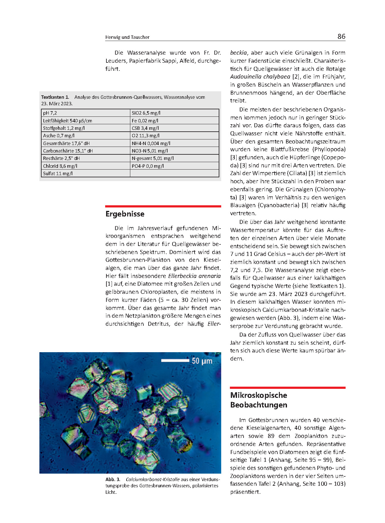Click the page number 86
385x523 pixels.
[x=341, y=37]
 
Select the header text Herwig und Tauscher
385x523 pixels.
[x=127, y=37]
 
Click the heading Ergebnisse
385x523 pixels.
[x=125, y=214]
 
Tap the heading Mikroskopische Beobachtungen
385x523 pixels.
[x=259, y=400]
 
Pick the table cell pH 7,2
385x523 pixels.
[x=50, y=113]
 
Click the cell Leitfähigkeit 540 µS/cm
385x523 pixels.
[x=68, y=121]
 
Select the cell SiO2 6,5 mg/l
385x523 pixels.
[x=146, y=113]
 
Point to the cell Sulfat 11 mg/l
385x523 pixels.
[x=58, y=174]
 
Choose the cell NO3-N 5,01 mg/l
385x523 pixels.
[x=150, y=151]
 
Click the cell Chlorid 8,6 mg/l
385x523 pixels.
[x=60, y=166]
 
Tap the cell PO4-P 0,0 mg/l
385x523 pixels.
[x=148, y=166]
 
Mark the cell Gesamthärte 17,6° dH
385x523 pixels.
[x=66, y=143]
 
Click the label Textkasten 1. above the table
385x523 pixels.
[x=55, y=97]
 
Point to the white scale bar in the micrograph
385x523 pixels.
[x=175, y=361]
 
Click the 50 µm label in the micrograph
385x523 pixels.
[x=202, y=361]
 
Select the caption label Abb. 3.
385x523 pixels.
[x=113, y=480]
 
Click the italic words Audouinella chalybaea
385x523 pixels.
[x=260, y=77]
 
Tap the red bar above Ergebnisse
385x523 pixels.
[x=163, y=206]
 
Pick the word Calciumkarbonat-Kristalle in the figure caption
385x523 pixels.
[x=153, y=480]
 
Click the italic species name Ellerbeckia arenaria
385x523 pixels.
[x=195, y=276]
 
